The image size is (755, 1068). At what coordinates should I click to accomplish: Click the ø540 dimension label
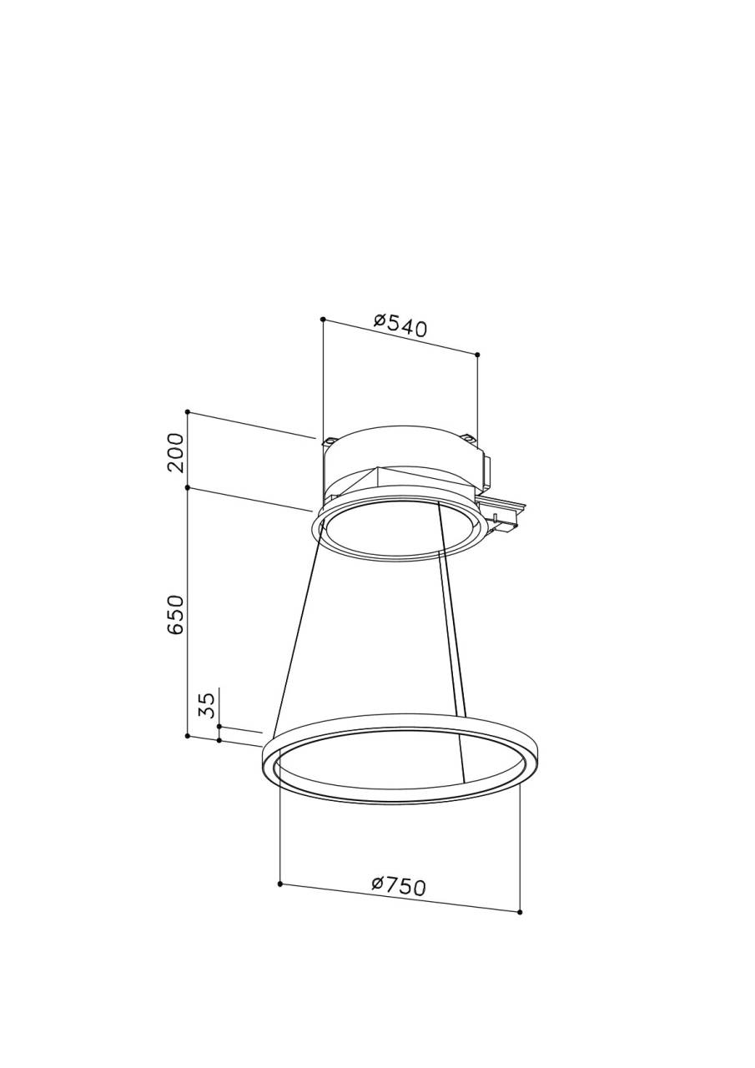[400, 325]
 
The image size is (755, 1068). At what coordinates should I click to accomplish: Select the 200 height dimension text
[176, 452]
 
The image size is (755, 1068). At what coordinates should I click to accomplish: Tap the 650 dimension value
[176, 615]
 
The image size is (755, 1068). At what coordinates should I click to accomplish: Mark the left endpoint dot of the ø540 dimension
[323, 319]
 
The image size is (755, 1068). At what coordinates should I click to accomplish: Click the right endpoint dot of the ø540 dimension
[477, 355]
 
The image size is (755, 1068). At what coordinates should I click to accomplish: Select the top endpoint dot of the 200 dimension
[188, 411]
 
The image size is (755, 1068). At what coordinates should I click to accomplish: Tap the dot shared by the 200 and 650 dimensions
[188, 488]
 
